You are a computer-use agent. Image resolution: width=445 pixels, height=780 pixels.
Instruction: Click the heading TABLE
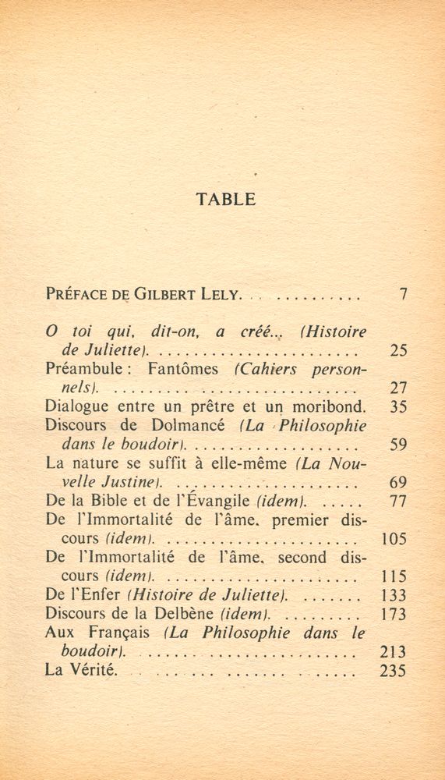(226, 199)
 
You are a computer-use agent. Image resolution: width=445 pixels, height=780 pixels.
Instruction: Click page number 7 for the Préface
(402, 295)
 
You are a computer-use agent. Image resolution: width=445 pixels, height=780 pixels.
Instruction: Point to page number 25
(398, 350)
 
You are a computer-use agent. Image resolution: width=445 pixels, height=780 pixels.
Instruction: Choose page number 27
(398, 388)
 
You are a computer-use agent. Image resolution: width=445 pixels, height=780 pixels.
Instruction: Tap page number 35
(398, 406)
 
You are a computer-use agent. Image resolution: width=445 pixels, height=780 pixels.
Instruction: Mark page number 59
(398, 445)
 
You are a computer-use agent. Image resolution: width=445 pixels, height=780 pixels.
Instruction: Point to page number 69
(398, 483)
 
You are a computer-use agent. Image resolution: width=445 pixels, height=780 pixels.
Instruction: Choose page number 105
(394, 539)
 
